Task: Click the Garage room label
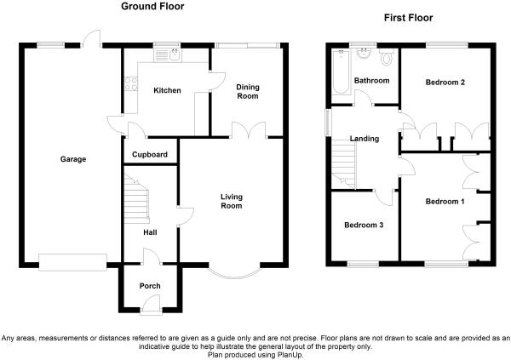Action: click(73, 159)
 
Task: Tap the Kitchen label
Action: click(167, 90)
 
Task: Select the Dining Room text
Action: click(248, 92)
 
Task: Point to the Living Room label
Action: click(232, 201)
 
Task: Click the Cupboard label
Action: click(150, 154)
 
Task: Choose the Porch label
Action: click(150, 286)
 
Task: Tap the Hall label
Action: click(150, 232)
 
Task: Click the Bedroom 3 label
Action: click(364, 225)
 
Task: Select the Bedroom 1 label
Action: click(445, 202)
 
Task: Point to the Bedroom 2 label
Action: click(445, 82)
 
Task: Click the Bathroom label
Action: click(372, 81)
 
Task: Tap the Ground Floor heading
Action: click(152, 6)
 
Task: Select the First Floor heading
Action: click(408, 18)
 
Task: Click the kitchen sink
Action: click(168, 55)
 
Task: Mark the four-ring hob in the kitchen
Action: click(130, 83)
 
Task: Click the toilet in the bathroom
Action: click(387, 57)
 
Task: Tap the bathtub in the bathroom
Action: click(341, 72)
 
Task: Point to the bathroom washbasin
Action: click(363, 54)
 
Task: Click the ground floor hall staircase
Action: click(136, 199)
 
